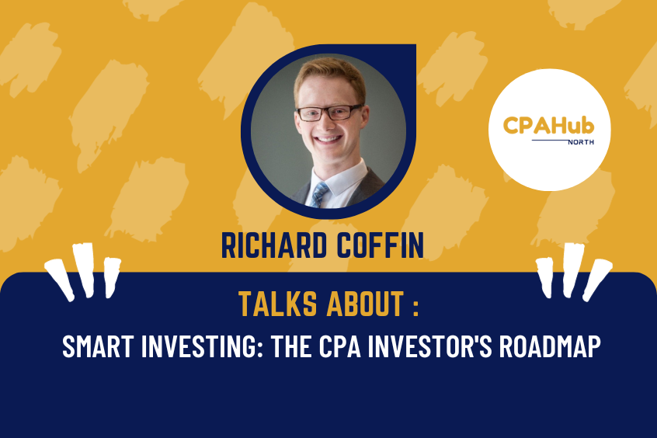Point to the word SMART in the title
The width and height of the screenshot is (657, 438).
94,347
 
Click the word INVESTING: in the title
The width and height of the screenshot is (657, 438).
194,347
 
